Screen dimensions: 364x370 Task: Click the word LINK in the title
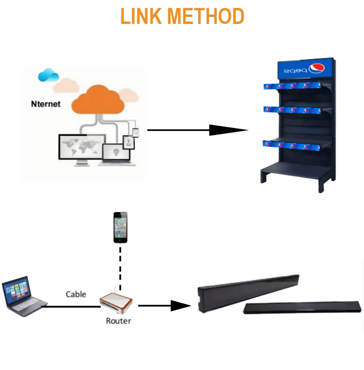[x=141, y=16]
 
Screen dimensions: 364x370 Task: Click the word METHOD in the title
[x=206, y=16]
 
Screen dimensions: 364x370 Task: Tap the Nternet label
[x=46, y=104]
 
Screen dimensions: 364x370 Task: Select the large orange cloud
[x=98, y=99]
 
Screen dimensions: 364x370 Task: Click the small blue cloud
[x=48, y=75]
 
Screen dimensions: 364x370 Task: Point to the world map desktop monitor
[x=82, y=150]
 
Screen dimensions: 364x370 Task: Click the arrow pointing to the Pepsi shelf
[x=198, y=130]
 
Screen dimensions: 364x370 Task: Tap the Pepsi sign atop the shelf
[x=305, y=68]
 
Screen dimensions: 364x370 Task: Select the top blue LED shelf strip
[x=292, y=86]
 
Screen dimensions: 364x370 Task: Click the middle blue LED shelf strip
[x=292, y=110]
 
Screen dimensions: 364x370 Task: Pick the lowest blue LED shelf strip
[x=292, y=145]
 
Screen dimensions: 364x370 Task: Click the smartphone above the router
[x=120, y=227]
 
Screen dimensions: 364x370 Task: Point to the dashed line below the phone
[x=120, y=269]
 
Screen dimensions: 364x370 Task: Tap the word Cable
[x=76, y=294]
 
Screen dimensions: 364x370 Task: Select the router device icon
[x=116, y=302]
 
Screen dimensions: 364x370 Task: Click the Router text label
[x=119, y=321]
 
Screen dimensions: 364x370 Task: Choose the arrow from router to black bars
[x=164, y=306]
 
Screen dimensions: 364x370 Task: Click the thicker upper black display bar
[x=248, y=293]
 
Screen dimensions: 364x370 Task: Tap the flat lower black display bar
[x=302, y=308]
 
